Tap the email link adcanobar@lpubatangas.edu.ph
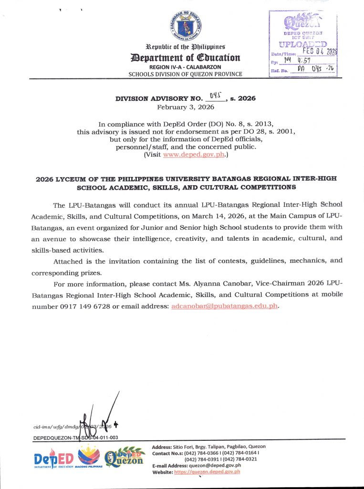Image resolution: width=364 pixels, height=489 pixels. tap(224, 306)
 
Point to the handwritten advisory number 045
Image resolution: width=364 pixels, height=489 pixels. tap(216, 96)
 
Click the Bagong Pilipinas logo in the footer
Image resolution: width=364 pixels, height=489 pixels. tap(89, 456)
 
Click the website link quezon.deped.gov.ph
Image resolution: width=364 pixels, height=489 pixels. tap(207, 471)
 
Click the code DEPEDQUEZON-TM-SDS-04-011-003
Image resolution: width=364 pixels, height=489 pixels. tap(75, 437)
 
